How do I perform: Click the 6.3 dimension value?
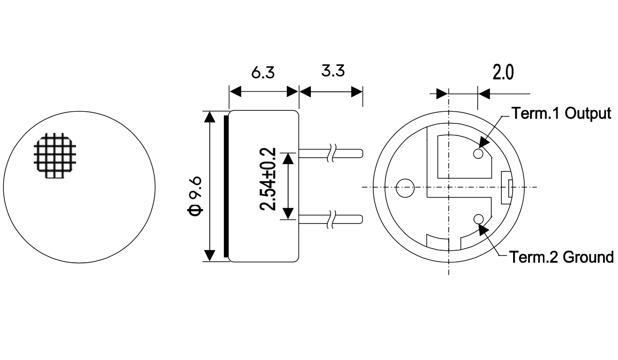pyautogui.click(x=263, y=73)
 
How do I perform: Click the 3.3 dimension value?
pyautogui.click(x=333, y=71)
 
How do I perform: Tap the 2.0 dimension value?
pyautogui.click(x=503, y=73)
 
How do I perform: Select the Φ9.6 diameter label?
pyautogui.click(x=195, y=196)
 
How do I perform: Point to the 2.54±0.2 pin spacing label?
pyautogui.click(x=268, y=179)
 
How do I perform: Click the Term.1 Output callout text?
pyautogui.click(x=561, y=113)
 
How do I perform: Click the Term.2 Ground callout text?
pyautogui.click(x=561, y=257)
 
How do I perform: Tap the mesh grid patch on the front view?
pyautogui.click(x=55, y=156)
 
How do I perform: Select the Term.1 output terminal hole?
pyautogui.click(x=478, y=153)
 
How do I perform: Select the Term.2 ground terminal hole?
pyautogui.click(x=478, y=220)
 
